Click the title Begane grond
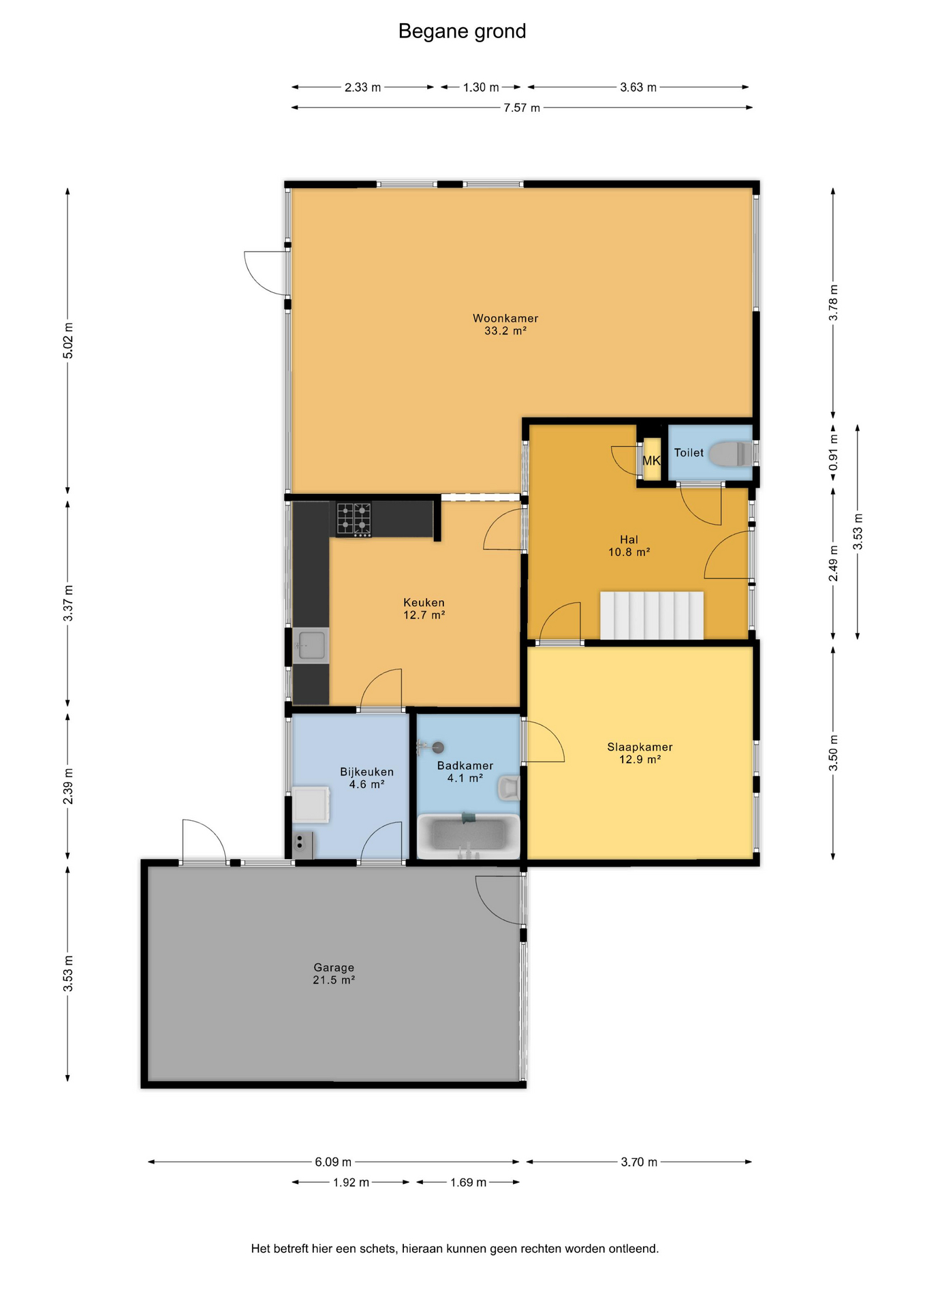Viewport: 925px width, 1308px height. [x=462, y=31]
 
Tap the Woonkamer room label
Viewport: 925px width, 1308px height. [x=505, y=318]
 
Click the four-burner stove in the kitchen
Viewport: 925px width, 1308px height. [x=354, y=520]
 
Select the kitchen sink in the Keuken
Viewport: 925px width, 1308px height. [x=311, y=645]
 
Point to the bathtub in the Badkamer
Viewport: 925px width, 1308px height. [x=469, y=836]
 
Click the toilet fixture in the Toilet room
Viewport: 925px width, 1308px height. [x=731, y=454]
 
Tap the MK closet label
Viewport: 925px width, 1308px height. [x=652, y=461]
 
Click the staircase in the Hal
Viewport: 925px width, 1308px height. [x=651, y=615]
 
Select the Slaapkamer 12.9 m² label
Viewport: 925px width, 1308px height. [x=640, y=753]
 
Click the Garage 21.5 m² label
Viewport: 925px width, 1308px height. [x=334, y=974]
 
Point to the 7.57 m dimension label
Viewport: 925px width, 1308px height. [x=522, y=108]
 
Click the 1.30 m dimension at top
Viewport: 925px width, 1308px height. [x=481, y=87]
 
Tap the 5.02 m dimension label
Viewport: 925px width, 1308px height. [x=68, y=341]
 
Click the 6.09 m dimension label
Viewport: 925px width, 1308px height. [x=333, y=1162]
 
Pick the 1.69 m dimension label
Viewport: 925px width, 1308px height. [x=468, y=1182]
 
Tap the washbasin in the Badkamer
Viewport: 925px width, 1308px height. [x=509, y=788]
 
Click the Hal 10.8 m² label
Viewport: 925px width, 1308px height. [x=629, y=546]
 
